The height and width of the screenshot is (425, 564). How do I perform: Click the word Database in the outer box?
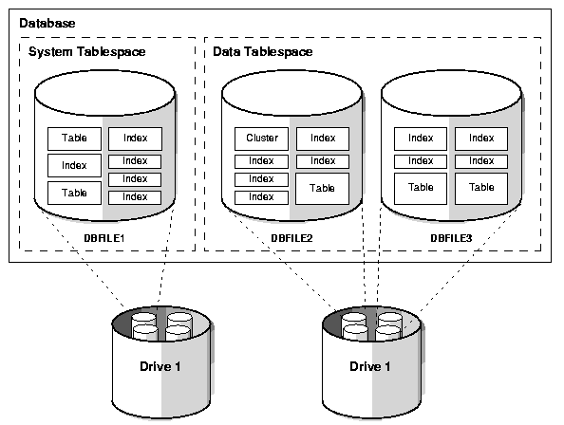pos(47,22)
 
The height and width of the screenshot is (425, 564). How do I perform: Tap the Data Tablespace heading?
pos(262,51)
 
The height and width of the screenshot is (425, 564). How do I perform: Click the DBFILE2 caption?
pos(292,237)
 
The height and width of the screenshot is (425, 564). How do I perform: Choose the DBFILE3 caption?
pos(451,237)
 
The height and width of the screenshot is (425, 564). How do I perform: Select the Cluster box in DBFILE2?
pos(261,139)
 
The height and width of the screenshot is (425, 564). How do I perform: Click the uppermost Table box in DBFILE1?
pos(74,139)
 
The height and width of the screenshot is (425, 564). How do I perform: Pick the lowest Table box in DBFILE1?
pos(74,193)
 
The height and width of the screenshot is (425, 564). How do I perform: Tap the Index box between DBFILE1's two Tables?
pos(74,166)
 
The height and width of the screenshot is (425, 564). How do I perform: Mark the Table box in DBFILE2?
pos(323,188)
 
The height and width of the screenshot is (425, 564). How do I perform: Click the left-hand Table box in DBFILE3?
pos(421,188)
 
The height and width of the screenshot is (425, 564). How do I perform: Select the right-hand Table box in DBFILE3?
pos(481,188)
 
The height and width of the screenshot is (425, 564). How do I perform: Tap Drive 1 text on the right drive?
pos(370,367)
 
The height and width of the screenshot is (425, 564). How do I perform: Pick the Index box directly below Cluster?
pos(261,161)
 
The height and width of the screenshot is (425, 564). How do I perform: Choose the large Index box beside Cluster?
pos(323,139)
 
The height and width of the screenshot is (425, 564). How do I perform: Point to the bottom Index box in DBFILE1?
pos(135,197)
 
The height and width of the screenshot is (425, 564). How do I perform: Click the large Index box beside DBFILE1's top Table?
pos(135,139)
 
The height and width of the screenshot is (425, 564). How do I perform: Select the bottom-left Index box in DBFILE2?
pos(261,197)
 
